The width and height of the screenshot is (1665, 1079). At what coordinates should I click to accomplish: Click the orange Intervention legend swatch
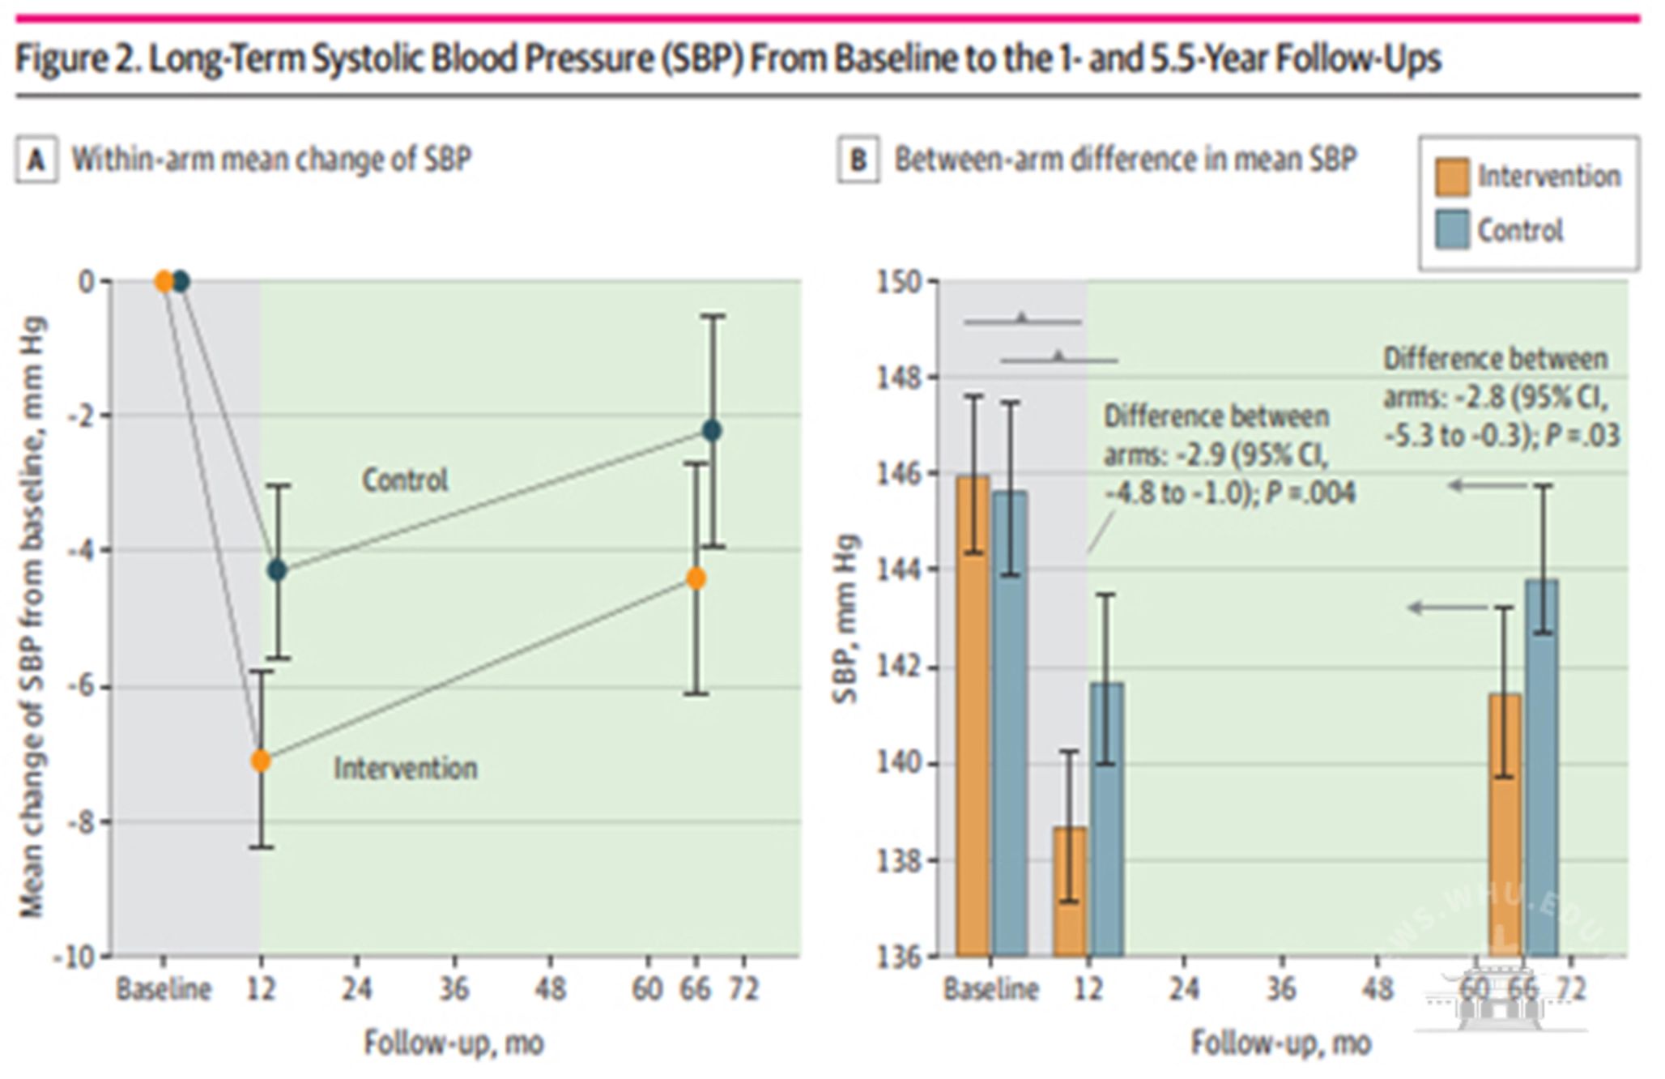1452,177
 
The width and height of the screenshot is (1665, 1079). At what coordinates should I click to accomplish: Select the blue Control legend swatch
1452,230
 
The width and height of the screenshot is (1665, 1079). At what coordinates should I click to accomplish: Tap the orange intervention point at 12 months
260,761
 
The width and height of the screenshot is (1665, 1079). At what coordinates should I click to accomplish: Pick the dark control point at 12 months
278,570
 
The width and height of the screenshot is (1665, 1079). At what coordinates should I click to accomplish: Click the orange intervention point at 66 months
696,578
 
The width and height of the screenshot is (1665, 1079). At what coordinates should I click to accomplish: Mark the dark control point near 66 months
712,430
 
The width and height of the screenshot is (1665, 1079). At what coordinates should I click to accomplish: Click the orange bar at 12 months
1070,891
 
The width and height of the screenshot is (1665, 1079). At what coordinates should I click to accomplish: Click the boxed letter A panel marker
36,160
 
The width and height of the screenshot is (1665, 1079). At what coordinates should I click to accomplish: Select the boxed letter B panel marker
858,160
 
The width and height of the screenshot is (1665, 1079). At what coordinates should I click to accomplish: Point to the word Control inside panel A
404,480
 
